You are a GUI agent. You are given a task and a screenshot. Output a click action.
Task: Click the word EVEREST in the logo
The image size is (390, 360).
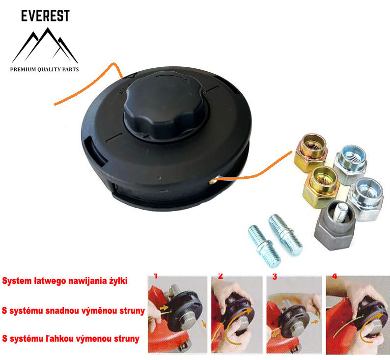(x=45, y=16)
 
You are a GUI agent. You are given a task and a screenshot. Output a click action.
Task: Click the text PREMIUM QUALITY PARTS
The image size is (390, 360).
(x=44, y=70)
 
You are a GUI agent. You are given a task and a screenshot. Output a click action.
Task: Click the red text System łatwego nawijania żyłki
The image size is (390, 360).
(x=65, y=281)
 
